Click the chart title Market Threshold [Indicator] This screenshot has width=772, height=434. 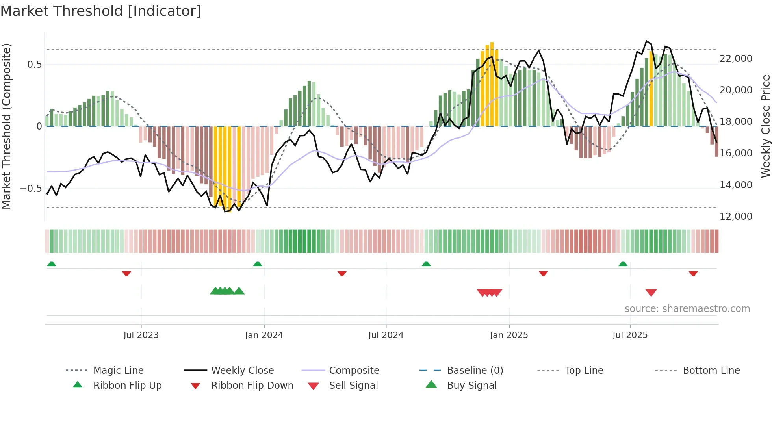tap(101, 11)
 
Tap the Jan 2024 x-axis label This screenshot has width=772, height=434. tap(264, 335)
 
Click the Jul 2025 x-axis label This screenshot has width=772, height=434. tap(630, 335)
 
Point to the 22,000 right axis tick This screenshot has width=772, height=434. tap(736, 59)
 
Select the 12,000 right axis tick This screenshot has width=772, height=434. tap(736, 217)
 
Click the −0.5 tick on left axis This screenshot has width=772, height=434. tap(31, 189)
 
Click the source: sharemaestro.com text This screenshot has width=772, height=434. tap(687, 309)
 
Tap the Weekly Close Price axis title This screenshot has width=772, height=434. tap(765, 126)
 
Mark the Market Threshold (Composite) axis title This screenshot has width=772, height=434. tap(6, 126)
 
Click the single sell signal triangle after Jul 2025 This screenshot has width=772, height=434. tap(651, 293)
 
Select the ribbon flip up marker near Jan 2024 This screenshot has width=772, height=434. tap(258, 264)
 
